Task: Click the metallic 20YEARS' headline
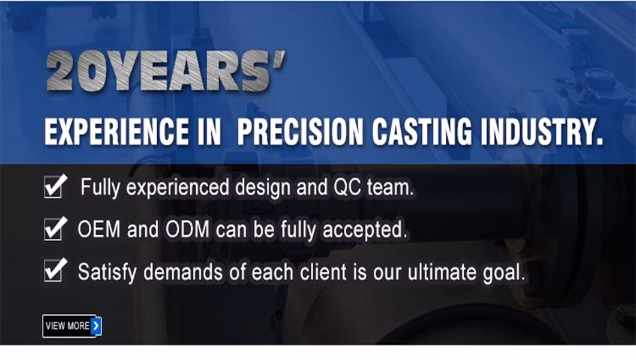click(x=166, y=71)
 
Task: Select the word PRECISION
click(x=300, y=132)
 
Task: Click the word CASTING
click(x=422, y=132)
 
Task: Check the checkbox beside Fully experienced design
click(x=55, y=187)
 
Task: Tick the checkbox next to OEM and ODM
click(x=55, y=229)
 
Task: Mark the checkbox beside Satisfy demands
click(x=55, y=271)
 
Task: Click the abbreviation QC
click(x=347, y=187)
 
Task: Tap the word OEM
click(x=99, y=229)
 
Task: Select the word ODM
click(x=187, y=229)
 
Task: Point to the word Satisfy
click(x=107, y=272)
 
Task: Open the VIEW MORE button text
click(x=67, y=326)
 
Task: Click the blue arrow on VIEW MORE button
click(x=96, y=326)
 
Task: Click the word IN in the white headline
click(x=209, y=132)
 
